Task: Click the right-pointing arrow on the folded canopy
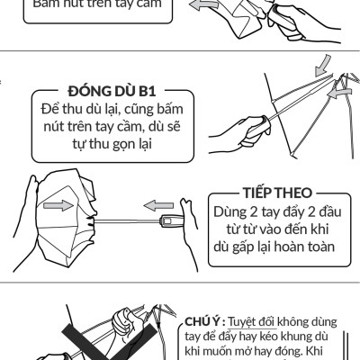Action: (56, 205)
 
